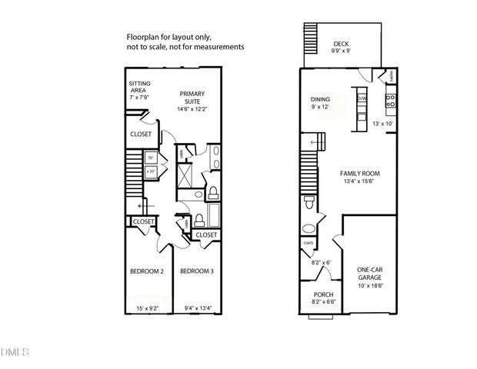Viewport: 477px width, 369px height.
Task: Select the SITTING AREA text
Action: [x=139, y=88]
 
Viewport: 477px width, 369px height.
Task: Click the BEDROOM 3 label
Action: [x=198, y=271]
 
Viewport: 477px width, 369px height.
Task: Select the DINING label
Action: [x=320, y=99]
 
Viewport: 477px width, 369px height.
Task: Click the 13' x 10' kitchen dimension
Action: [x=382, y=124]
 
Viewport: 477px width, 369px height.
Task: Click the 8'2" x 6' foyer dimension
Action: [x=320, y=263]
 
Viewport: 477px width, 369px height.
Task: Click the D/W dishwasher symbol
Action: [x=363, y=98]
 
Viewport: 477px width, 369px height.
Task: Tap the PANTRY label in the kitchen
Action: [x=392, y=75]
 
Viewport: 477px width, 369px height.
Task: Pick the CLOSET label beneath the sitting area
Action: [x=141, y=135]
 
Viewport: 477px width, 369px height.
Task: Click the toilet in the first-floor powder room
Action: [x=309, y=203]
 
